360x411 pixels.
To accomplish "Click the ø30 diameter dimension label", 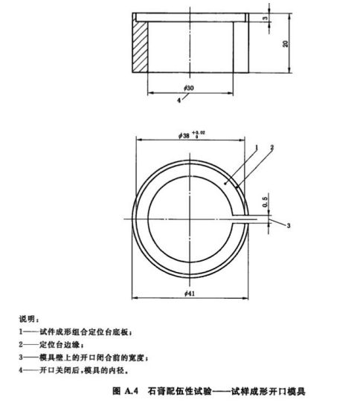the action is tap(189, 88).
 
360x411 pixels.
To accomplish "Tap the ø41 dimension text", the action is tap(190, 294).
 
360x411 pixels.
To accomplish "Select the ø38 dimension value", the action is tap(184, 135).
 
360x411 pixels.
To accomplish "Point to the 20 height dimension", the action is tap(285, 44).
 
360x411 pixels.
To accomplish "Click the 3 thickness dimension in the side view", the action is tap(265, 19).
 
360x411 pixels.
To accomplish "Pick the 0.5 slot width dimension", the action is tap(265, 202).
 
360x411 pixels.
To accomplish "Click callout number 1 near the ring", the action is tap(257, 148).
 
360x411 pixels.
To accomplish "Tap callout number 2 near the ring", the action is tap(271, 147).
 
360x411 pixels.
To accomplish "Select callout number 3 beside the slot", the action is tap(289, 225).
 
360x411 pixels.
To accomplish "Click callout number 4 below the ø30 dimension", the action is tap(179, 100).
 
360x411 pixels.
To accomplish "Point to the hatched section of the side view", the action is tap(140, 47).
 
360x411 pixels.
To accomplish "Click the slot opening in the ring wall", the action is tap(245, 219).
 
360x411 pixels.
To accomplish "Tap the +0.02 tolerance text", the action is tap(199, 132).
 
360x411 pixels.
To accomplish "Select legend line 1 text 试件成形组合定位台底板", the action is tap(84, 332).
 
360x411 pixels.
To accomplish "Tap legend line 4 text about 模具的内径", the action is tap(82, 370).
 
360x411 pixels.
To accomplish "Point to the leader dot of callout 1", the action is tap(225, 184).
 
